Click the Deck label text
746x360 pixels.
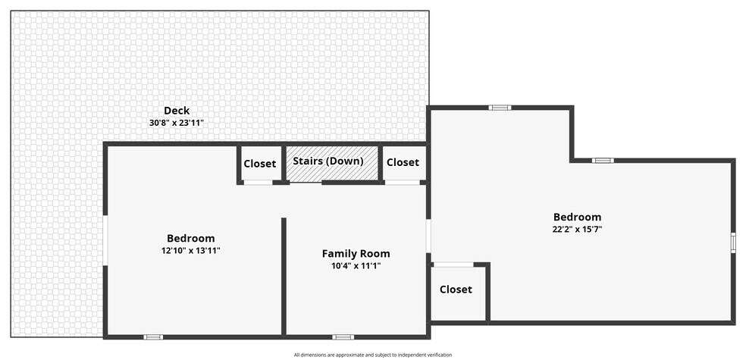177,111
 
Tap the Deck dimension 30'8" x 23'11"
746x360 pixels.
177,123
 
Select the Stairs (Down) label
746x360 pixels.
328,161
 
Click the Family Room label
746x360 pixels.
356,253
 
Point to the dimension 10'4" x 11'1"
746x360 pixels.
356,266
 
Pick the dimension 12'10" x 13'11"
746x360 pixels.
191,250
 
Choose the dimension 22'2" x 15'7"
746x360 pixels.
578,229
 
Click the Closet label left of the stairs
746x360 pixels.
260,164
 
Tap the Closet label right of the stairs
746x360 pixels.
403,162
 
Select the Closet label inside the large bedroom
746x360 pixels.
456,290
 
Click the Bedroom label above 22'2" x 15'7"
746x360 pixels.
577,217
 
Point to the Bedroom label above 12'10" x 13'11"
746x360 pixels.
191,238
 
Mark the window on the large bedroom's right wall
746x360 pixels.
733,243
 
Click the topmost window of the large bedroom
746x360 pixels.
500,108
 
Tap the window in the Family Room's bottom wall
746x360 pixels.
343,337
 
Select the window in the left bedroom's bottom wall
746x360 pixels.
153,337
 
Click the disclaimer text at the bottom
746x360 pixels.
372,355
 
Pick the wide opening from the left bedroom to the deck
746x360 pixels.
105,241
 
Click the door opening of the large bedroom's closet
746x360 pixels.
453,265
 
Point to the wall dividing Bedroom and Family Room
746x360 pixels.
284,277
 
